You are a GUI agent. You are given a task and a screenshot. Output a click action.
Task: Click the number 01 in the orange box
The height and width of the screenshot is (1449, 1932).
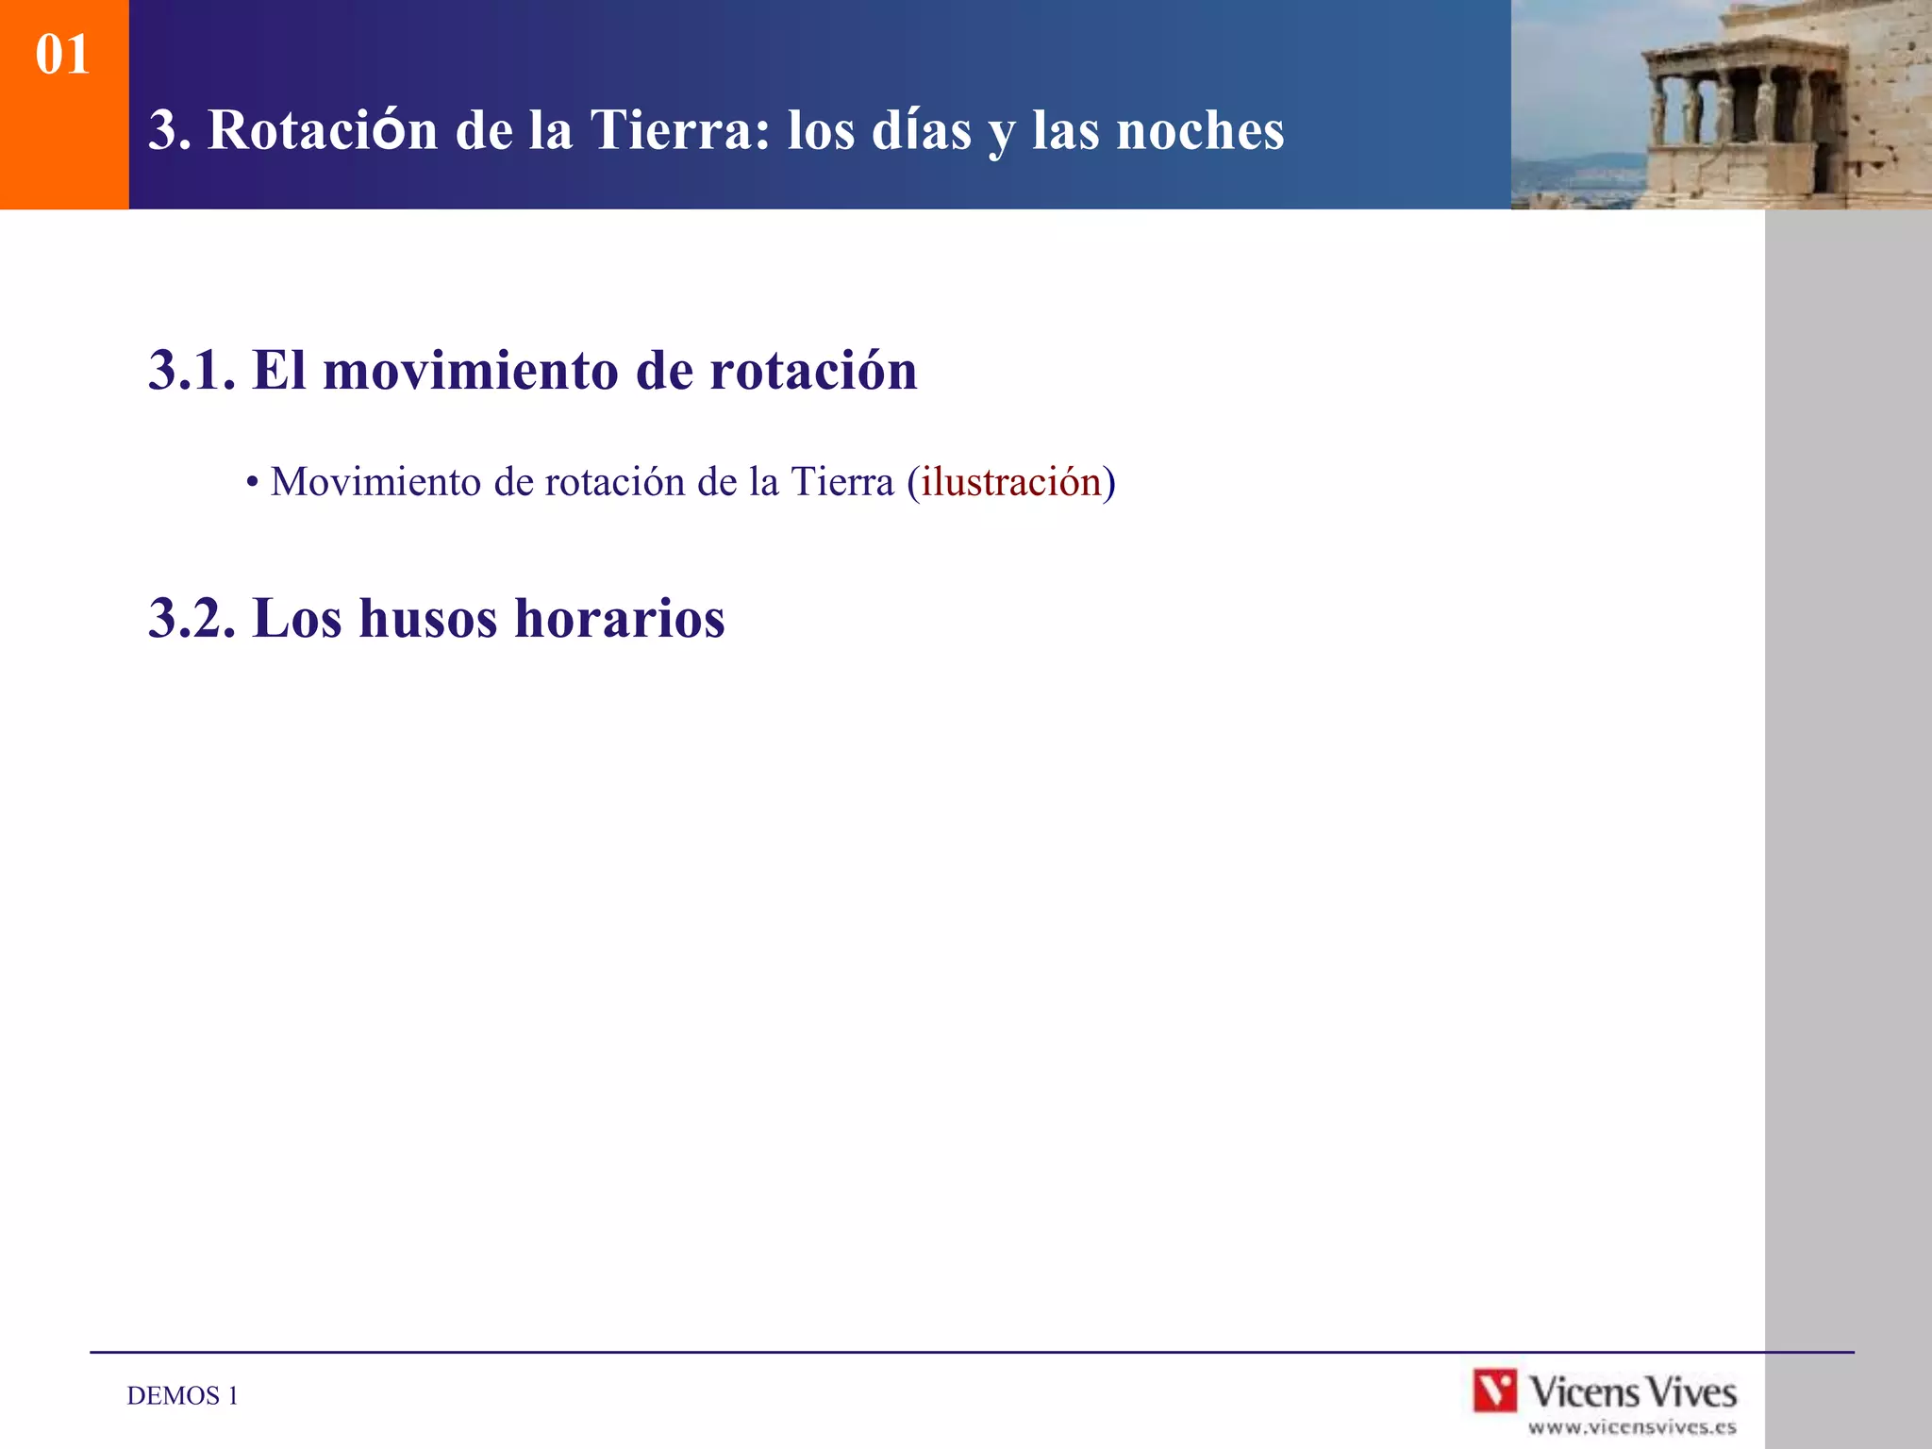[x=62, y=55]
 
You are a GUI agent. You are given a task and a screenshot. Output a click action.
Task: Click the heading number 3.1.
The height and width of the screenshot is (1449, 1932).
[x=192, y=370]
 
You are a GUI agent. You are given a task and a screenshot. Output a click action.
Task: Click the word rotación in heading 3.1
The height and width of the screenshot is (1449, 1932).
[x=813, y=370]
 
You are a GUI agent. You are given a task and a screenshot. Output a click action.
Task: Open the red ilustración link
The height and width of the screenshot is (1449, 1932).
[x=1011, y=482]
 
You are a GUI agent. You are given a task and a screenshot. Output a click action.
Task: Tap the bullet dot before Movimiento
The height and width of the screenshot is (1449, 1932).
[x=252, y=483]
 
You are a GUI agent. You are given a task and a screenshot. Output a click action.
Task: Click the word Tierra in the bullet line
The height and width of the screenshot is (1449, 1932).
[x=841, y=482]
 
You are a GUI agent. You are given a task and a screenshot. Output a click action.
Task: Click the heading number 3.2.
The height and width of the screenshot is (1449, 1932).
[x=192, y=619]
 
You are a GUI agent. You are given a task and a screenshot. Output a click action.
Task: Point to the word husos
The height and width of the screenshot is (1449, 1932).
[x=427, y=619]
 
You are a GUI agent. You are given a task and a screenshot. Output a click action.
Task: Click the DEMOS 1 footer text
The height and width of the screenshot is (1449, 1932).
[x=182, y=1396]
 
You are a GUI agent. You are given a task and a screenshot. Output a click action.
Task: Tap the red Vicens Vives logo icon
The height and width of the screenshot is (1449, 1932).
[x=1494, y=1391]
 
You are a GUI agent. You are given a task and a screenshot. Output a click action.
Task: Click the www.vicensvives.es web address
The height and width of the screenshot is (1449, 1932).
[x=1632, y=1427]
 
